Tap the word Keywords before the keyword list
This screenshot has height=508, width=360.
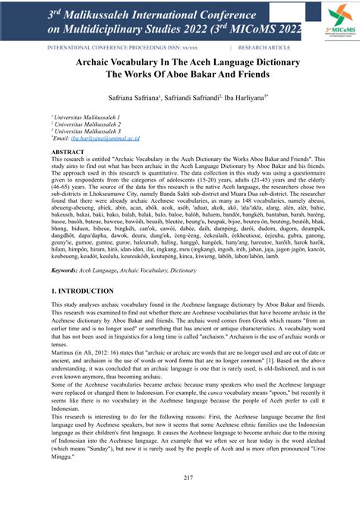pos(68,270)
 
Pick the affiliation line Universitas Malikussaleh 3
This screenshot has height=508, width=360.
pos(84,131)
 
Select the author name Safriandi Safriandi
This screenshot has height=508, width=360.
pos(189,97)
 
